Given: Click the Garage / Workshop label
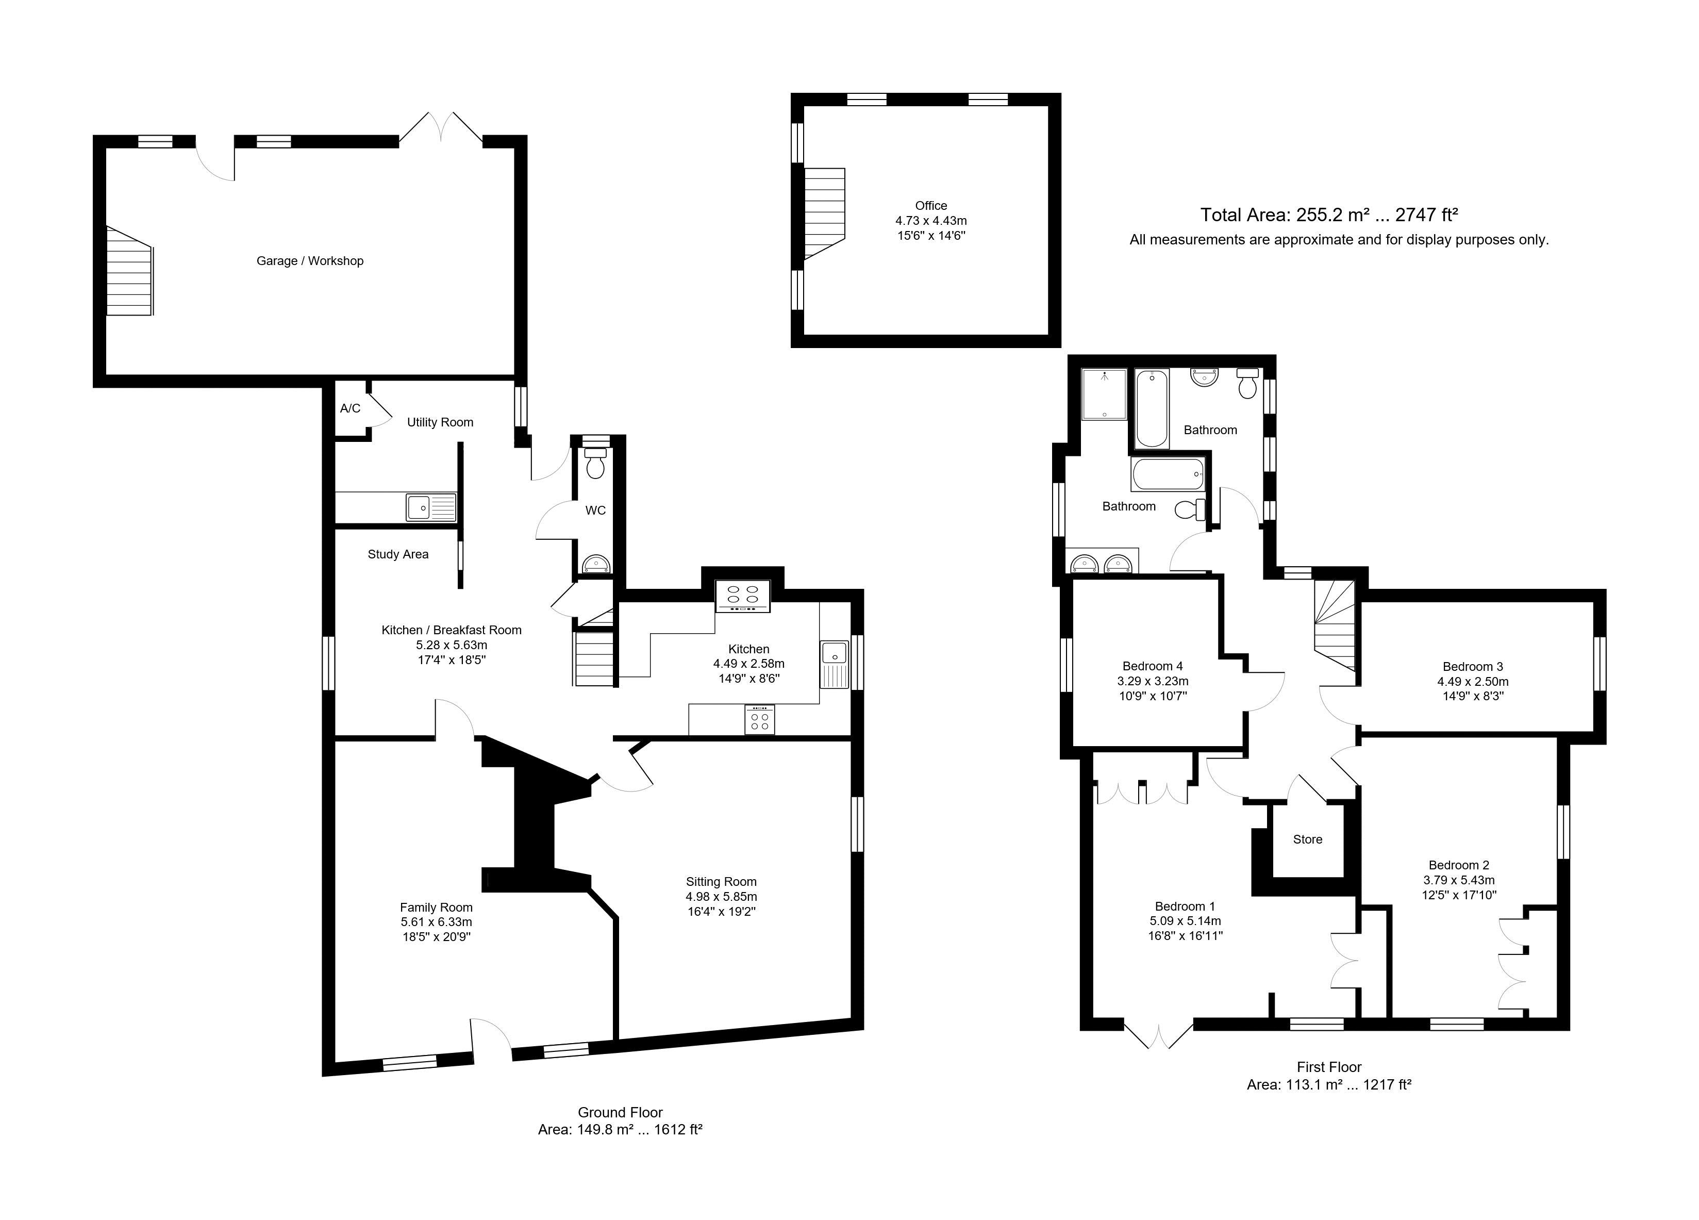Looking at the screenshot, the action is [310, 261].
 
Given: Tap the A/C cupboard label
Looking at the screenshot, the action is [350, 408].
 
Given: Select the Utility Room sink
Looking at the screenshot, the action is [431, 506].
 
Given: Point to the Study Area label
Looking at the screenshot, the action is [398, 554].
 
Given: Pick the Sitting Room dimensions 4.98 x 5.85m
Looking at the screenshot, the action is [721, 896].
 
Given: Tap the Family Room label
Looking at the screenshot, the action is [436, 908].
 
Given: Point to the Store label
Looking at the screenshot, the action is [1307, 840].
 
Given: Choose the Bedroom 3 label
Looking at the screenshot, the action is [1473, 667].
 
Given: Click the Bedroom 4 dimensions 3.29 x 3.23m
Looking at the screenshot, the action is [1153, 681].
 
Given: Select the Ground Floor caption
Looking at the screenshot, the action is [620, 1113].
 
